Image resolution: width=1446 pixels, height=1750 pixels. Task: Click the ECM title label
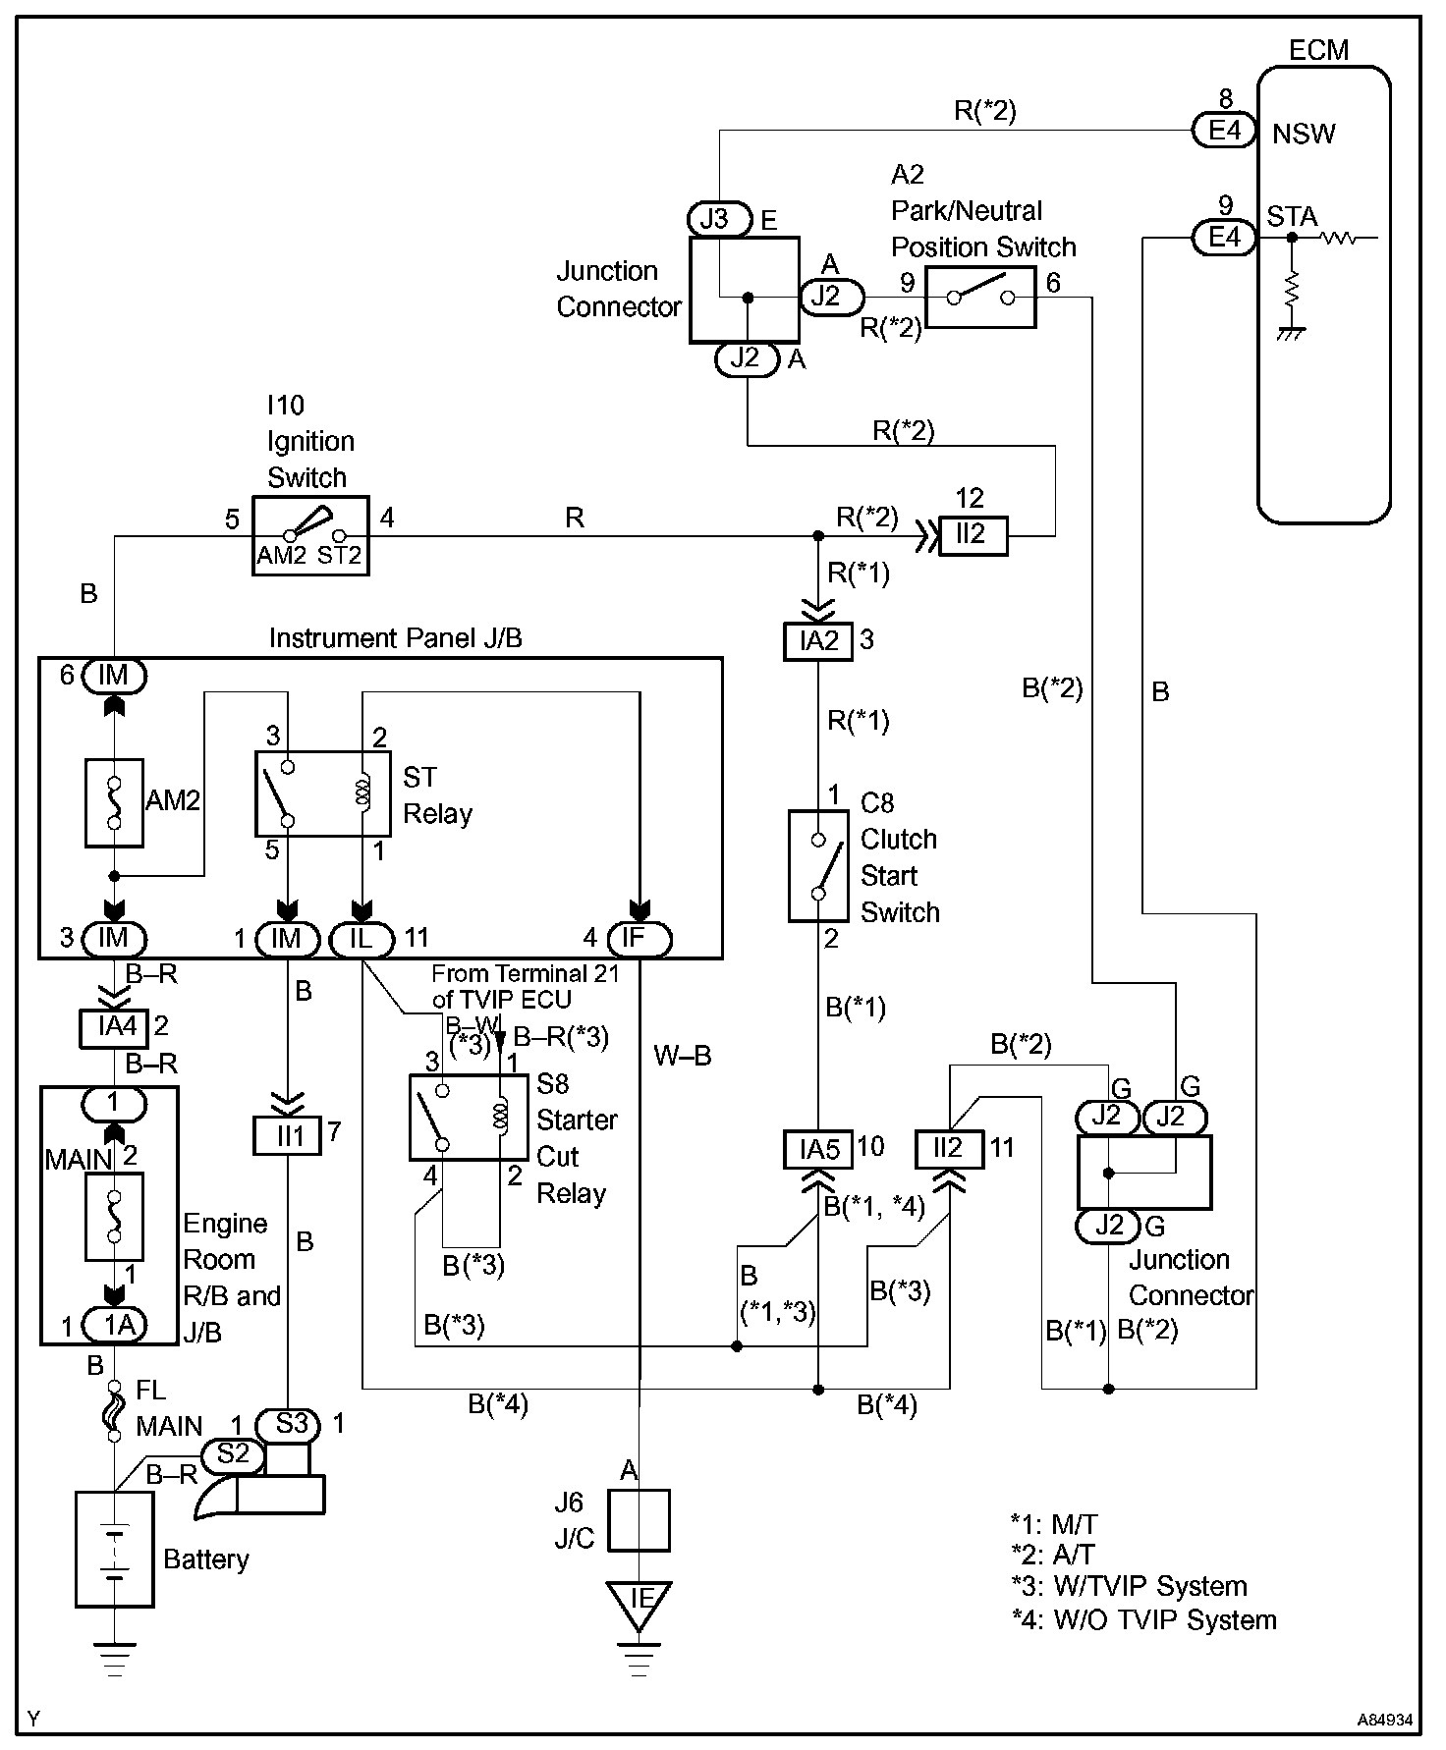coord(1318,50)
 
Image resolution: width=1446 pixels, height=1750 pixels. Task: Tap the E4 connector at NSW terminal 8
coord(1224,131)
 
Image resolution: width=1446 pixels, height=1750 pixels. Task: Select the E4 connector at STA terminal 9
coord(1224,238)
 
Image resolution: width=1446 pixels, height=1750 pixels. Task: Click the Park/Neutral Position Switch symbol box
coord(980,297)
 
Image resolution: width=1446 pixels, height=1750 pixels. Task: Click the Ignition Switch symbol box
coord(310,535)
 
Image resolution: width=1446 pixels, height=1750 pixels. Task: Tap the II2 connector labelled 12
coord(973,535)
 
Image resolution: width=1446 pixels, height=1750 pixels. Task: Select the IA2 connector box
coord(818,642)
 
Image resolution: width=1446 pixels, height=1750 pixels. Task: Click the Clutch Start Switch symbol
coord(818,866)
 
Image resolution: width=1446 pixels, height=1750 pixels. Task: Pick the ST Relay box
coord(322,793)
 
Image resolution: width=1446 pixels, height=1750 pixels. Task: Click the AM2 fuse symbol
coord(114,802)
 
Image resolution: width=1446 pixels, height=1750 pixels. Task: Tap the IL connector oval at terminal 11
coord(361,939)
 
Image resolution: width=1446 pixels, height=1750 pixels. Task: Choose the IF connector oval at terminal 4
coord(640,939)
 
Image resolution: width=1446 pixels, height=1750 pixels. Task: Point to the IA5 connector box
coord(818,1149)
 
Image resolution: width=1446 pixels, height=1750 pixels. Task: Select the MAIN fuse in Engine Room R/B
coord(114,1216)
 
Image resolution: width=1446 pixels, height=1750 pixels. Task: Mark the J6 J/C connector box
coord(640,1520)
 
